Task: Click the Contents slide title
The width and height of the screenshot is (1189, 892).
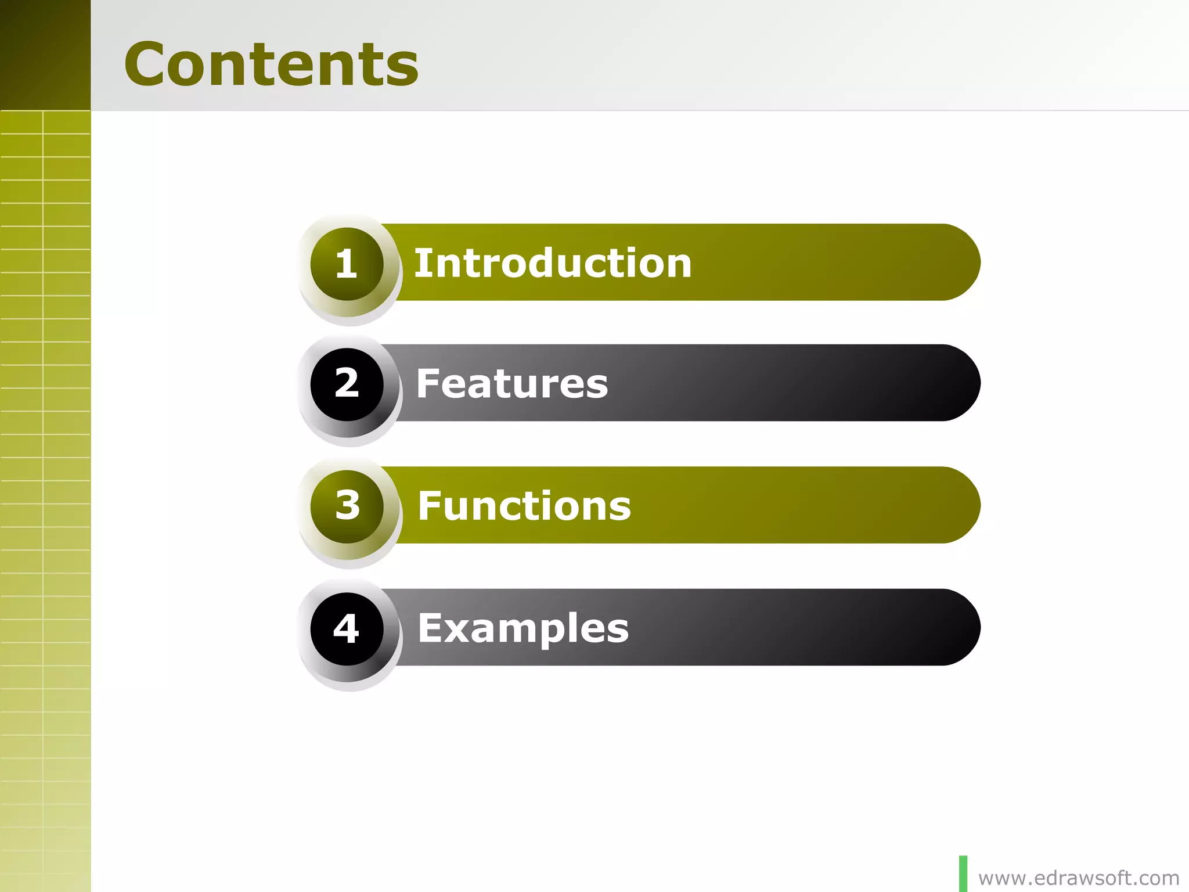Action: click(x=271, y=64)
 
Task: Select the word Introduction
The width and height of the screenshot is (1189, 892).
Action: click(x=552, y=263)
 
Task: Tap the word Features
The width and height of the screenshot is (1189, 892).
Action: click(x=511, y=384)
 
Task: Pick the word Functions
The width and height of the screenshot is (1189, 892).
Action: click(x=524, y=506)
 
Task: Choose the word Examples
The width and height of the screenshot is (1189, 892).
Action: click(x=523, y=628)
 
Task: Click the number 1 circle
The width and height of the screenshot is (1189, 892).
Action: click(x=347, y=264)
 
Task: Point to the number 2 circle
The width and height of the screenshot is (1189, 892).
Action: click(x=347, y=384)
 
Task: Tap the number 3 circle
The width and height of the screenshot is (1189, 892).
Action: click(x=347, y=506)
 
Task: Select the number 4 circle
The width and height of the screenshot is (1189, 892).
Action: click(x=347, y=629)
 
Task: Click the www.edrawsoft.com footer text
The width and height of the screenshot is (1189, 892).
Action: click(x=1079, y=878)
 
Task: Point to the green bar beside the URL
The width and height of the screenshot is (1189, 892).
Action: click(x=963, y=873)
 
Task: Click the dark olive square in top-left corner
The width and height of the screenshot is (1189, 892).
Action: click(x=45, y=55)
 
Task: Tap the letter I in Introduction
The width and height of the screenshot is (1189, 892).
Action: click(x=421, y=263)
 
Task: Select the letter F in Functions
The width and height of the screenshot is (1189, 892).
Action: click(x=430, y=505)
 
